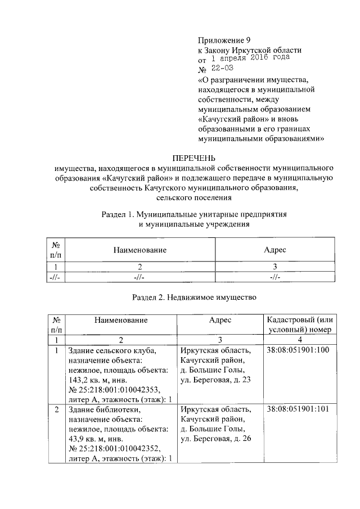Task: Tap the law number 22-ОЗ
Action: (222, 68)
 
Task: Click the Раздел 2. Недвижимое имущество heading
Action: (194, 297)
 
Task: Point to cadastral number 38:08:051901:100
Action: (298, 350)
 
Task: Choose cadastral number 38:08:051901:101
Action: (298, 409)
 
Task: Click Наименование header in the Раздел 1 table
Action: (139, 249)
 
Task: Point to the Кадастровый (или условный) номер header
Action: (300, 325)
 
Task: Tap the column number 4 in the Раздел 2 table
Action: (300, 340)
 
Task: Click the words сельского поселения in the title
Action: (193, 198)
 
